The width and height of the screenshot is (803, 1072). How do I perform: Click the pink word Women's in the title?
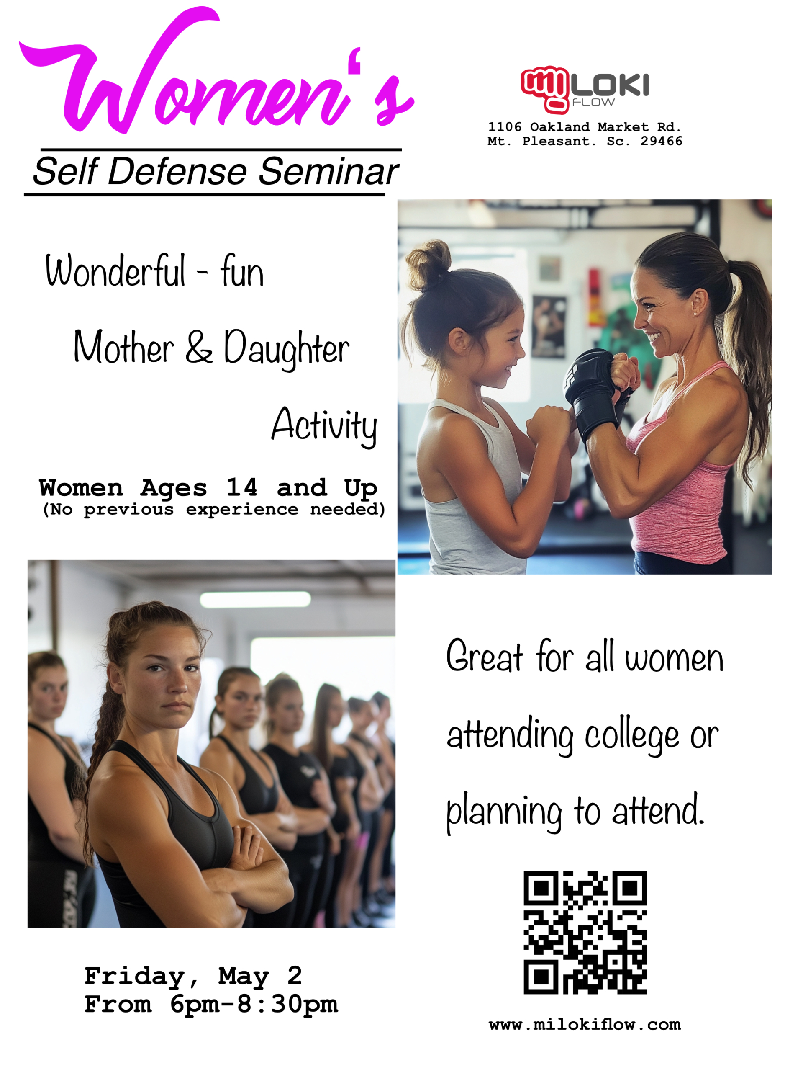point(216,73)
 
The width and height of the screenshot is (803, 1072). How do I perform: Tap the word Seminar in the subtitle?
point(328,172)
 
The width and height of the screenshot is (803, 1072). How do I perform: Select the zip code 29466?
point(661,141)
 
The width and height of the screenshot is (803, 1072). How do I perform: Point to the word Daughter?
point(286,348)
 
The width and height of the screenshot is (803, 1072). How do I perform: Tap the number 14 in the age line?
point(242,487)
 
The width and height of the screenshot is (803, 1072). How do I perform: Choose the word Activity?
point(324,425)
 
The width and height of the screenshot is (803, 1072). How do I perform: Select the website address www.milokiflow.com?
point(585,1025)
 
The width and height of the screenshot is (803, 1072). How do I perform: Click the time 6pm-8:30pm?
point(254,1005)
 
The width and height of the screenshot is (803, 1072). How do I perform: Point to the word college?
point(631,735)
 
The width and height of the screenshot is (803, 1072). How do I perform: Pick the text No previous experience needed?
point(214,509)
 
